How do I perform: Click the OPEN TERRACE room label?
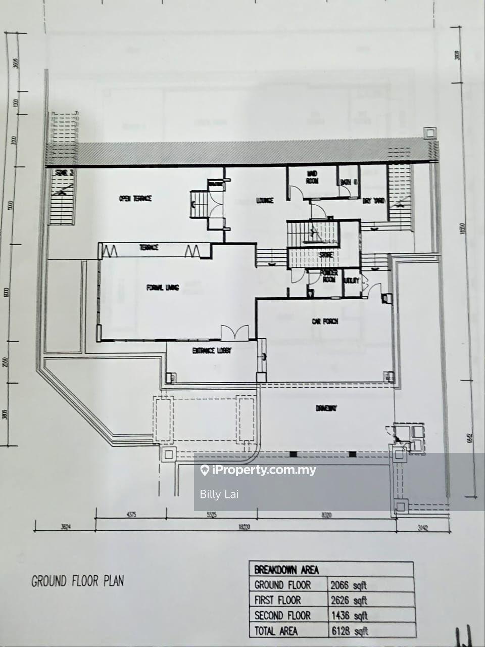[135, 199]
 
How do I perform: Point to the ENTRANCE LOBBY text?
[212, 350]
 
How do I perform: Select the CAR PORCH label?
[324, 321]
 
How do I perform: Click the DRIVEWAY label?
[326, 408]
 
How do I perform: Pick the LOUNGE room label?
[265, 201]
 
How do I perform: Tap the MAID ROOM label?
[312, 177]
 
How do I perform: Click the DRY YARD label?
[374, 201]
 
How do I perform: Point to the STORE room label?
[326, 255]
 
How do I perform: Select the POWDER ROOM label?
[328, 276]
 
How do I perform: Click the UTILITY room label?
[351, 280]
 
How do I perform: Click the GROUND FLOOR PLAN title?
[77, 581]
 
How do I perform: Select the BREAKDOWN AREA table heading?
[286, 570]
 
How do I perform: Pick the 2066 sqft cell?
[349, 585]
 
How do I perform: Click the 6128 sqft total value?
[349, 630]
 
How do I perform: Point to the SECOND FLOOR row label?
[282, 615]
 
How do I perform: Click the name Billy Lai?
[219, 494]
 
